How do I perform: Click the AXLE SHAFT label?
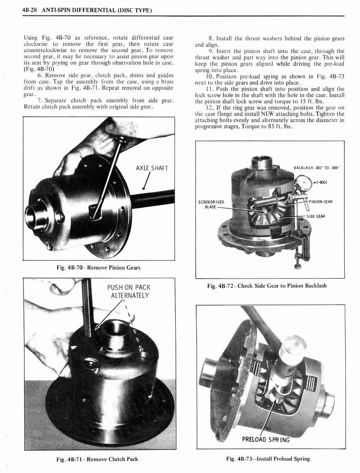[x=151, y=168]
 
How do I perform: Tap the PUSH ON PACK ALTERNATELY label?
[x=128, y=291]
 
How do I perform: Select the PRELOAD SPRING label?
[x=266, y=439]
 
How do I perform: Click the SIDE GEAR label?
[x=316, y=216]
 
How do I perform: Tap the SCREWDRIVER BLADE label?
[x=211, y=204]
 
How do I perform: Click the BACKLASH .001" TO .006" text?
[x=316, y=168]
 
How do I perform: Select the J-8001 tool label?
[x=321, y=182]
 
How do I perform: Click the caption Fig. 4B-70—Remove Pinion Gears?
[x=98, y=267]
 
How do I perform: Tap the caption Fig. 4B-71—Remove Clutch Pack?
[x=99, y=459]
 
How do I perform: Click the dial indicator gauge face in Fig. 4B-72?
[x=303, y=183]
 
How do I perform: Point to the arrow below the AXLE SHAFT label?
[x=146, y=182]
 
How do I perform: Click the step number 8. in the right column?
[x=211, y=39]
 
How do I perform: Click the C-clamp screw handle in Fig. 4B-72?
[x=298, y=266]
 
